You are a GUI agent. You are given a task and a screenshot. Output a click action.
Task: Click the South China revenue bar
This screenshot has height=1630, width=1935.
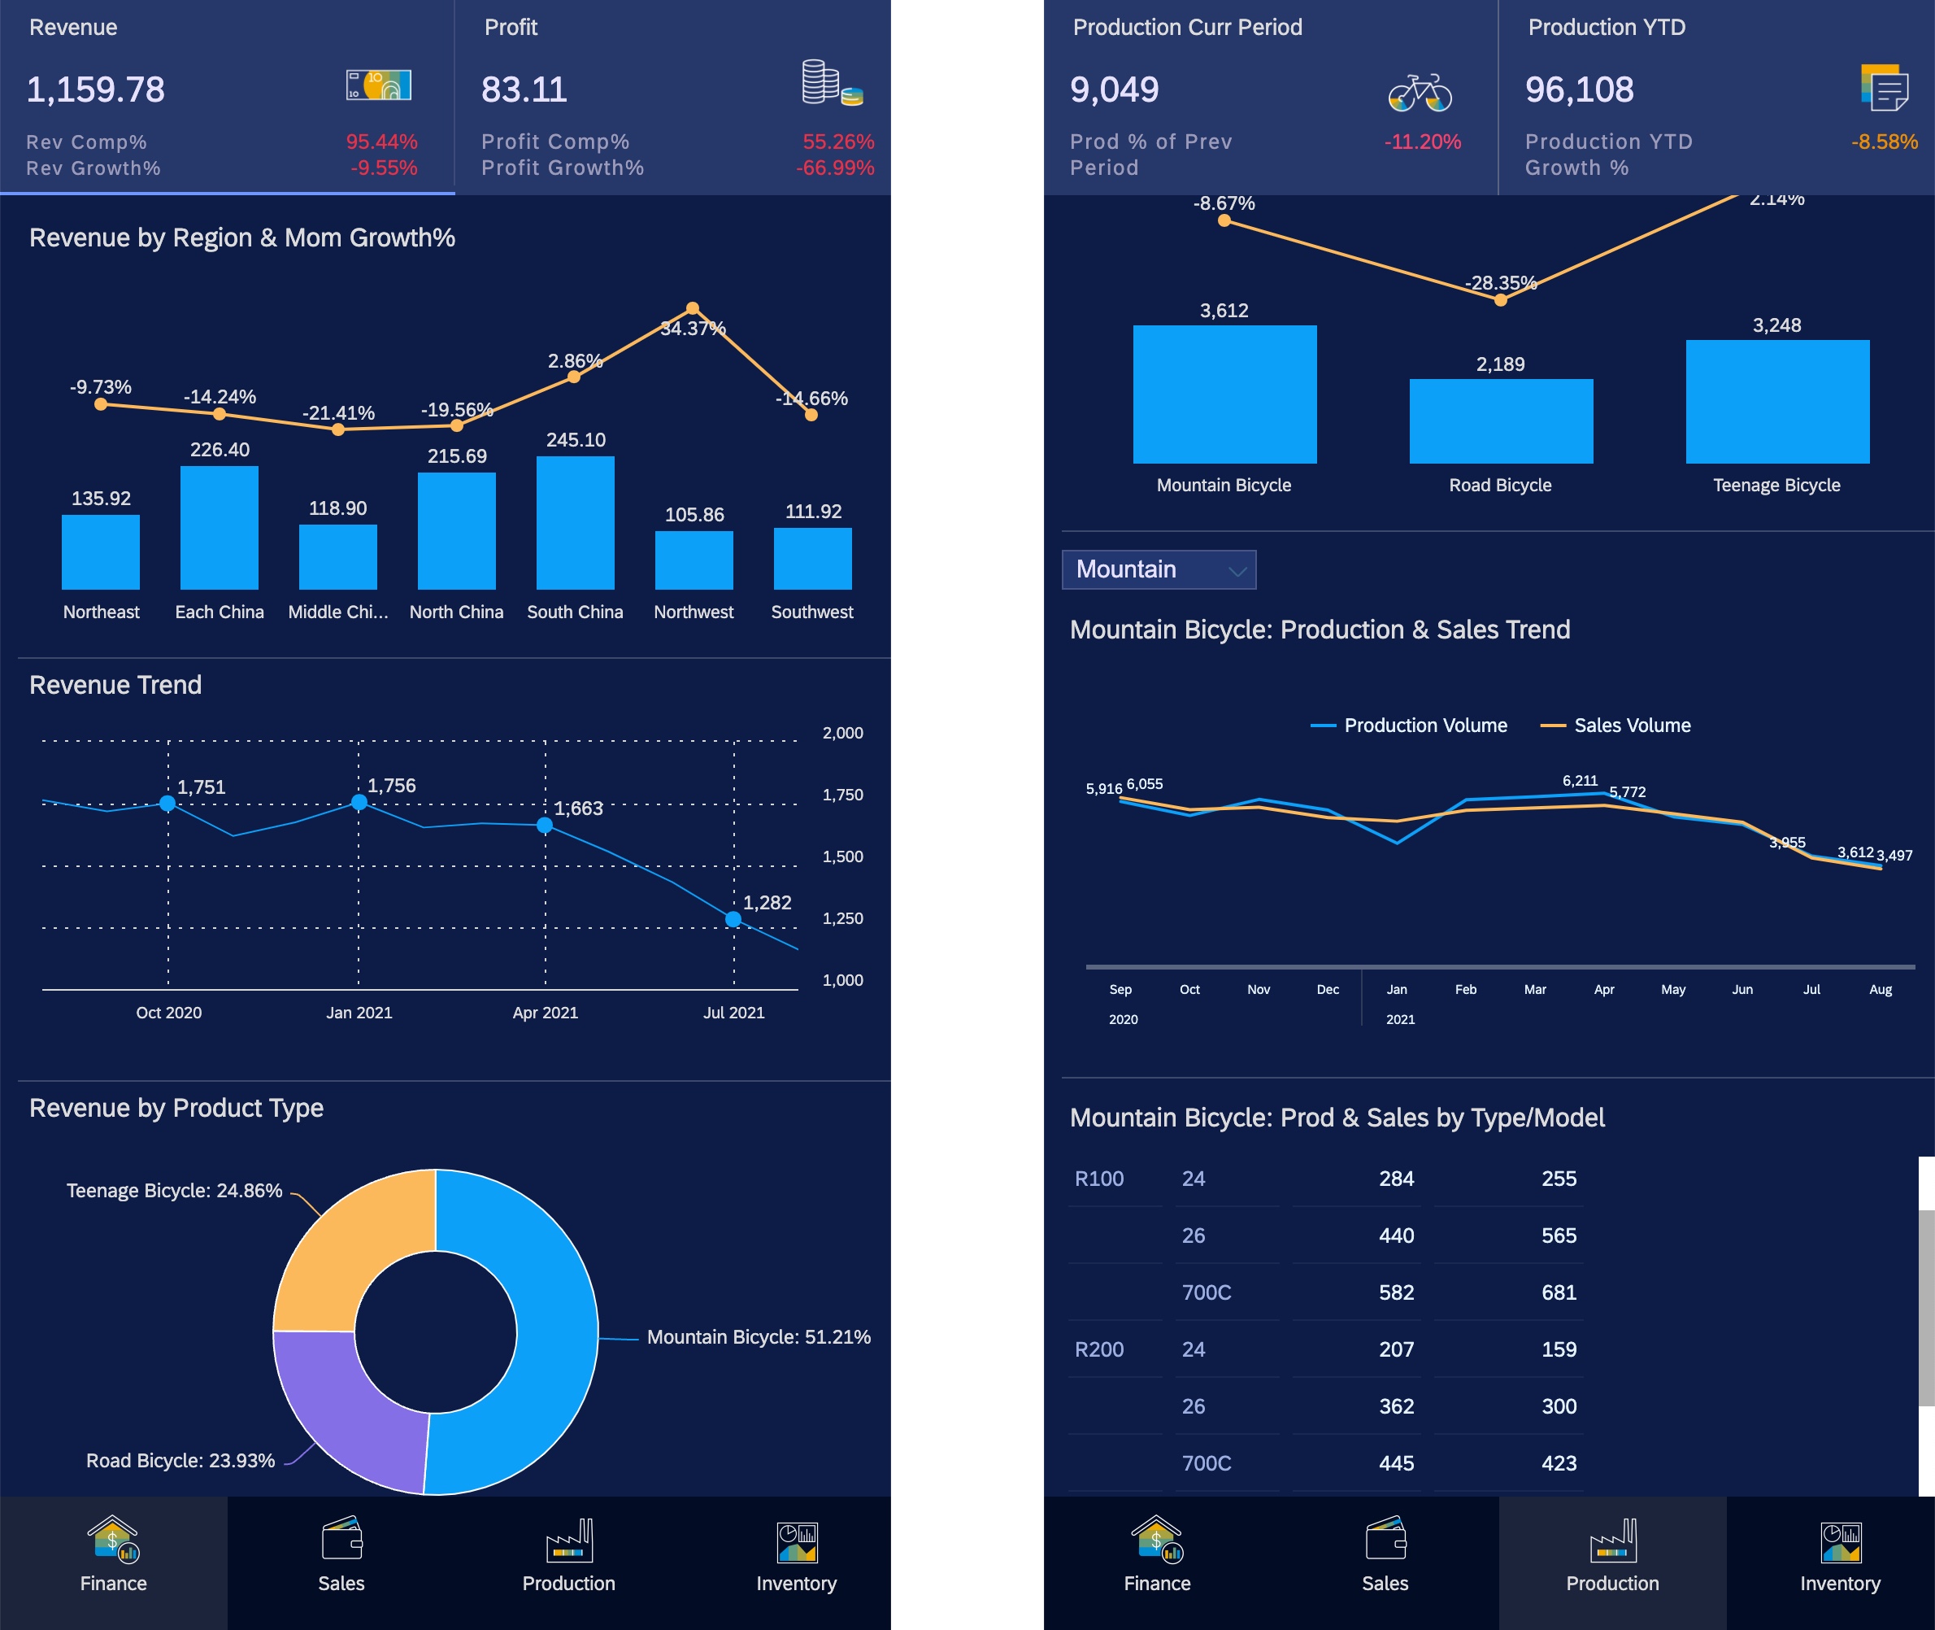pyautogui.click(x=575, y=523)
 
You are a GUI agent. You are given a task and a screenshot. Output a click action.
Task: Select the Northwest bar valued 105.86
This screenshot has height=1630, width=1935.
pyautogui.click(x=694, y=560)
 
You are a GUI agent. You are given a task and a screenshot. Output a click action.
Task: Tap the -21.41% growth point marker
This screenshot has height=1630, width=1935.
pyautogui.click(x=338, y=429)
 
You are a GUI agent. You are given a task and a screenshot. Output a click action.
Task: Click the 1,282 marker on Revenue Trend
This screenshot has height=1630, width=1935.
pyautogui.click(x=733, y=919)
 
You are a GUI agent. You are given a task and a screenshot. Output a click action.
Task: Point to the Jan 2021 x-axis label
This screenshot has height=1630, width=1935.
pyautogui.click(x=359, y=1013)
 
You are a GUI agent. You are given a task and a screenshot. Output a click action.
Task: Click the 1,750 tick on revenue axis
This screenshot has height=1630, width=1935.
pyautogui.click(x=842, y=795)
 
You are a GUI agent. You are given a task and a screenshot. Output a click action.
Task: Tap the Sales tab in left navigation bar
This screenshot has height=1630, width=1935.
pyautogui.click(x=341, y=1561)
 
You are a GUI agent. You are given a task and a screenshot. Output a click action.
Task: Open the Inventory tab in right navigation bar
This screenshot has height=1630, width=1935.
pyautogui.click(x=1839, y=1561)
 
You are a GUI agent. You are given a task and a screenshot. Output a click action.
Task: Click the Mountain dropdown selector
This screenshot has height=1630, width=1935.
pyautogui.click(x=1159, y=569)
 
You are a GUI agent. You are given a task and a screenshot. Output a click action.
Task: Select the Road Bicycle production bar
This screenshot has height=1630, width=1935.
pyautogui.click(x=1500, y=421)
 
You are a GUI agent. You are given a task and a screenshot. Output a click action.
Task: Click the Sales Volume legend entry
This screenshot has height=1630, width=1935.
pyautogui.click(x=1616, y=726)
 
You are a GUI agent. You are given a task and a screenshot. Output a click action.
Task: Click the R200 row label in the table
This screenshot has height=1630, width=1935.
pyautogui.click(x=1099, y=1349)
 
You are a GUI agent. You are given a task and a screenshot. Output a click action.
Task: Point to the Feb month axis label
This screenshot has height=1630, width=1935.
pyautogui.click(x=1465, y=990)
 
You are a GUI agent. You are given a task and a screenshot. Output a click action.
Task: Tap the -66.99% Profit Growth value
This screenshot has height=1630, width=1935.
pyautogui.click(x=835, y=168)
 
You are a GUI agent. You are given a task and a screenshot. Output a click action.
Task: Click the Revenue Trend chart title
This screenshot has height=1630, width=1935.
pyautogui.click(x=115, y=685)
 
